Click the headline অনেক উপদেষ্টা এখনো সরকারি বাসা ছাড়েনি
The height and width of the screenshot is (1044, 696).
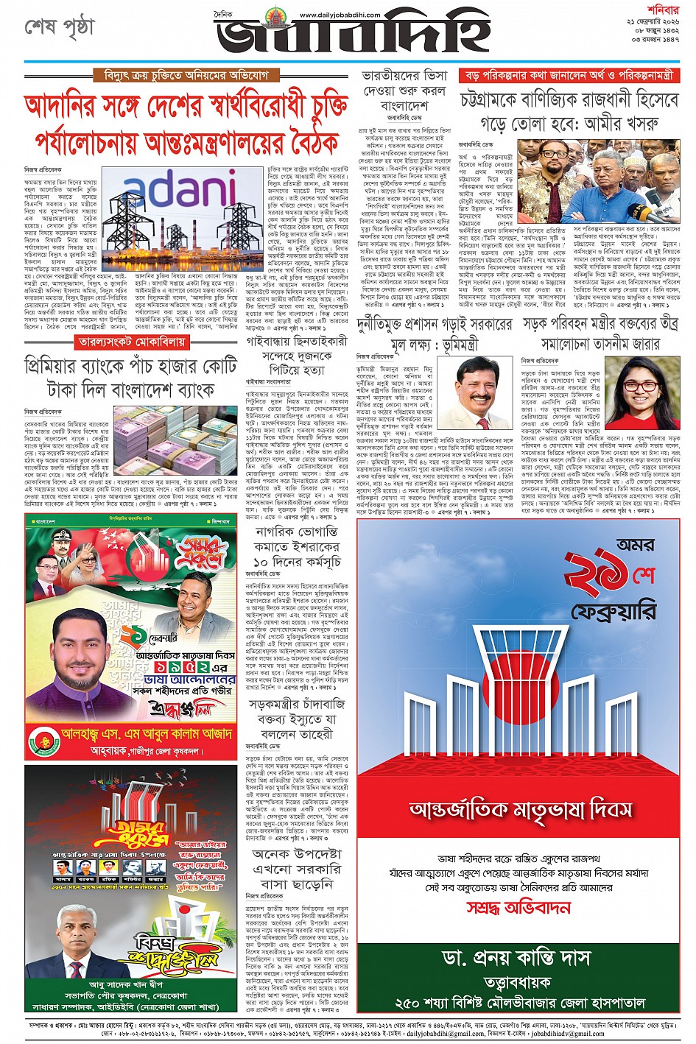(x=298, y=868)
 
